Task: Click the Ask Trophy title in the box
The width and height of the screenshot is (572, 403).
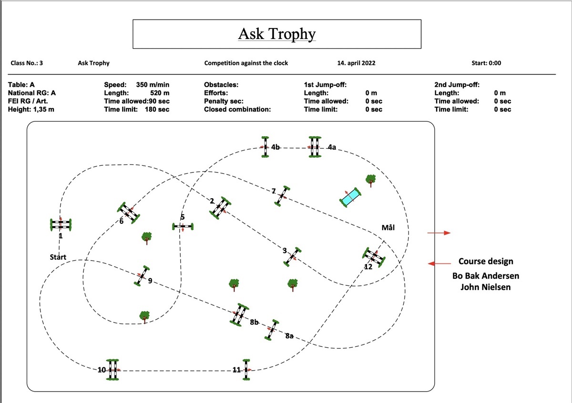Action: [276, 34]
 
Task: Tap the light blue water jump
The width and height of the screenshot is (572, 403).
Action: [350, 197]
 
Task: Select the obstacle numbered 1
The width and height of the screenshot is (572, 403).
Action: [61, 224]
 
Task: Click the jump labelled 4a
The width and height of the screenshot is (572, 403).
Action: [315, 147]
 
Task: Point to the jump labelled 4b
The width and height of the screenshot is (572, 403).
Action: [265, 147]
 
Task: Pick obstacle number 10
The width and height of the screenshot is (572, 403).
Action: [112, 370]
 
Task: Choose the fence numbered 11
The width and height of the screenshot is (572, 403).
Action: [246, 370]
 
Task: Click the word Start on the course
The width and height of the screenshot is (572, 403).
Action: [58, 257]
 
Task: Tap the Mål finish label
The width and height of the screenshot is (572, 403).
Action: [388, 228]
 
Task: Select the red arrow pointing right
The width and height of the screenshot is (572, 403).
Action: [439, 233]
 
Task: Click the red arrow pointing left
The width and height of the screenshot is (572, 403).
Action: [439, 263]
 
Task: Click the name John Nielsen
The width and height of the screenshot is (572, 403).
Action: [485, 287]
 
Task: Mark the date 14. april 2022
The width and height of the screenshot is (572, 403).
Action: [356, 63]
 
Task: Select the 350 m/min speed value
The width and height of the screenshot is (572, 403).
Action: [153, 85]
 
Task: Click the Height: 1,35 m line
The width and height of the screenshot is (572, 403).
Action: [31, 110]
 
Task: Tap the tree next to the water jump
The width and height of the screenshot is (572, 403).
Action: [370, 180]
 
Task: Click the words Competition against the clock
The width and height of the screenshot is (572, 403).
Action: [246, 63]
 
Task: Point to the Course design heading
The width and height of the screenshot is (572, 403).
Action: [486, 262]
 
